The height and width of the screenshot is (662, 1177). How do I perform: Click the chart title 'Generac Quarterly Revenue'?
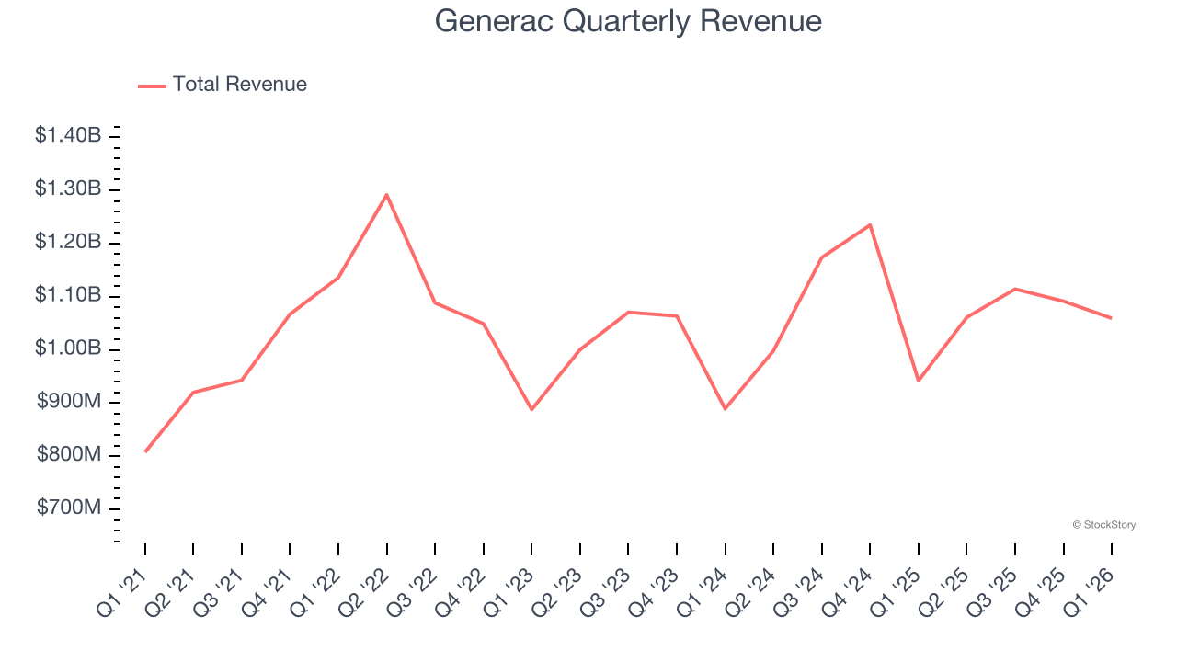click(x=628, y=20)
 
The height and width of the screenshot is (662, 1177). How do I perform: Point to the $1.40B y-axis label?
click(x=68, y=136)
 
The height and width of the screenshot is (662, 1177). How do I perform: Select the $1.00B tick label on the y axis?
click(x=68, y=349)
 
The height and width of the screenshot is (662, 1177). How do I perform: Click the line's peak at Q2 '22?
click(x=386, y=194)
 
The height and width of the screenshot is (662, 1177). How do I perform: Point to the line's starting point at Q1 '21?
click(x=145, y=451)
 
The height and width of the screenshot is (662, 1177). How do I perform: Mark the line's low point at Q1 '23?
click(x=531, y=409)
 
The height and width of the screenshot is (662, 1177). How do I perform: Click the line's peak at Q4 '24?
click(x=870, y=224)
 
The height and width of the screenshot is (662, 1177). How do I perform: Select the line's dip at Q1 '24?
click(x=725, y=408)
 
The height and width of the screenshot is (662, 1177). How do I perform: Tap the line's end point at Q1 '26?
click(x=1111, y=318)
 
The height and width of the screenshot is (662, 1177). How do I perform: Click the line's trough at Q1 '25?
click(x=918, y=381)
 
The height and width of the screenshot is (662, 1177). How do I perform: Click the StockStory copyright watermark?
click(x=1103, y=525)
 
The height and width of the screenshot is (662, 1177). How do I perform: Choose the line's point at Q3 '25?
click(x=1014, y=289)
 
